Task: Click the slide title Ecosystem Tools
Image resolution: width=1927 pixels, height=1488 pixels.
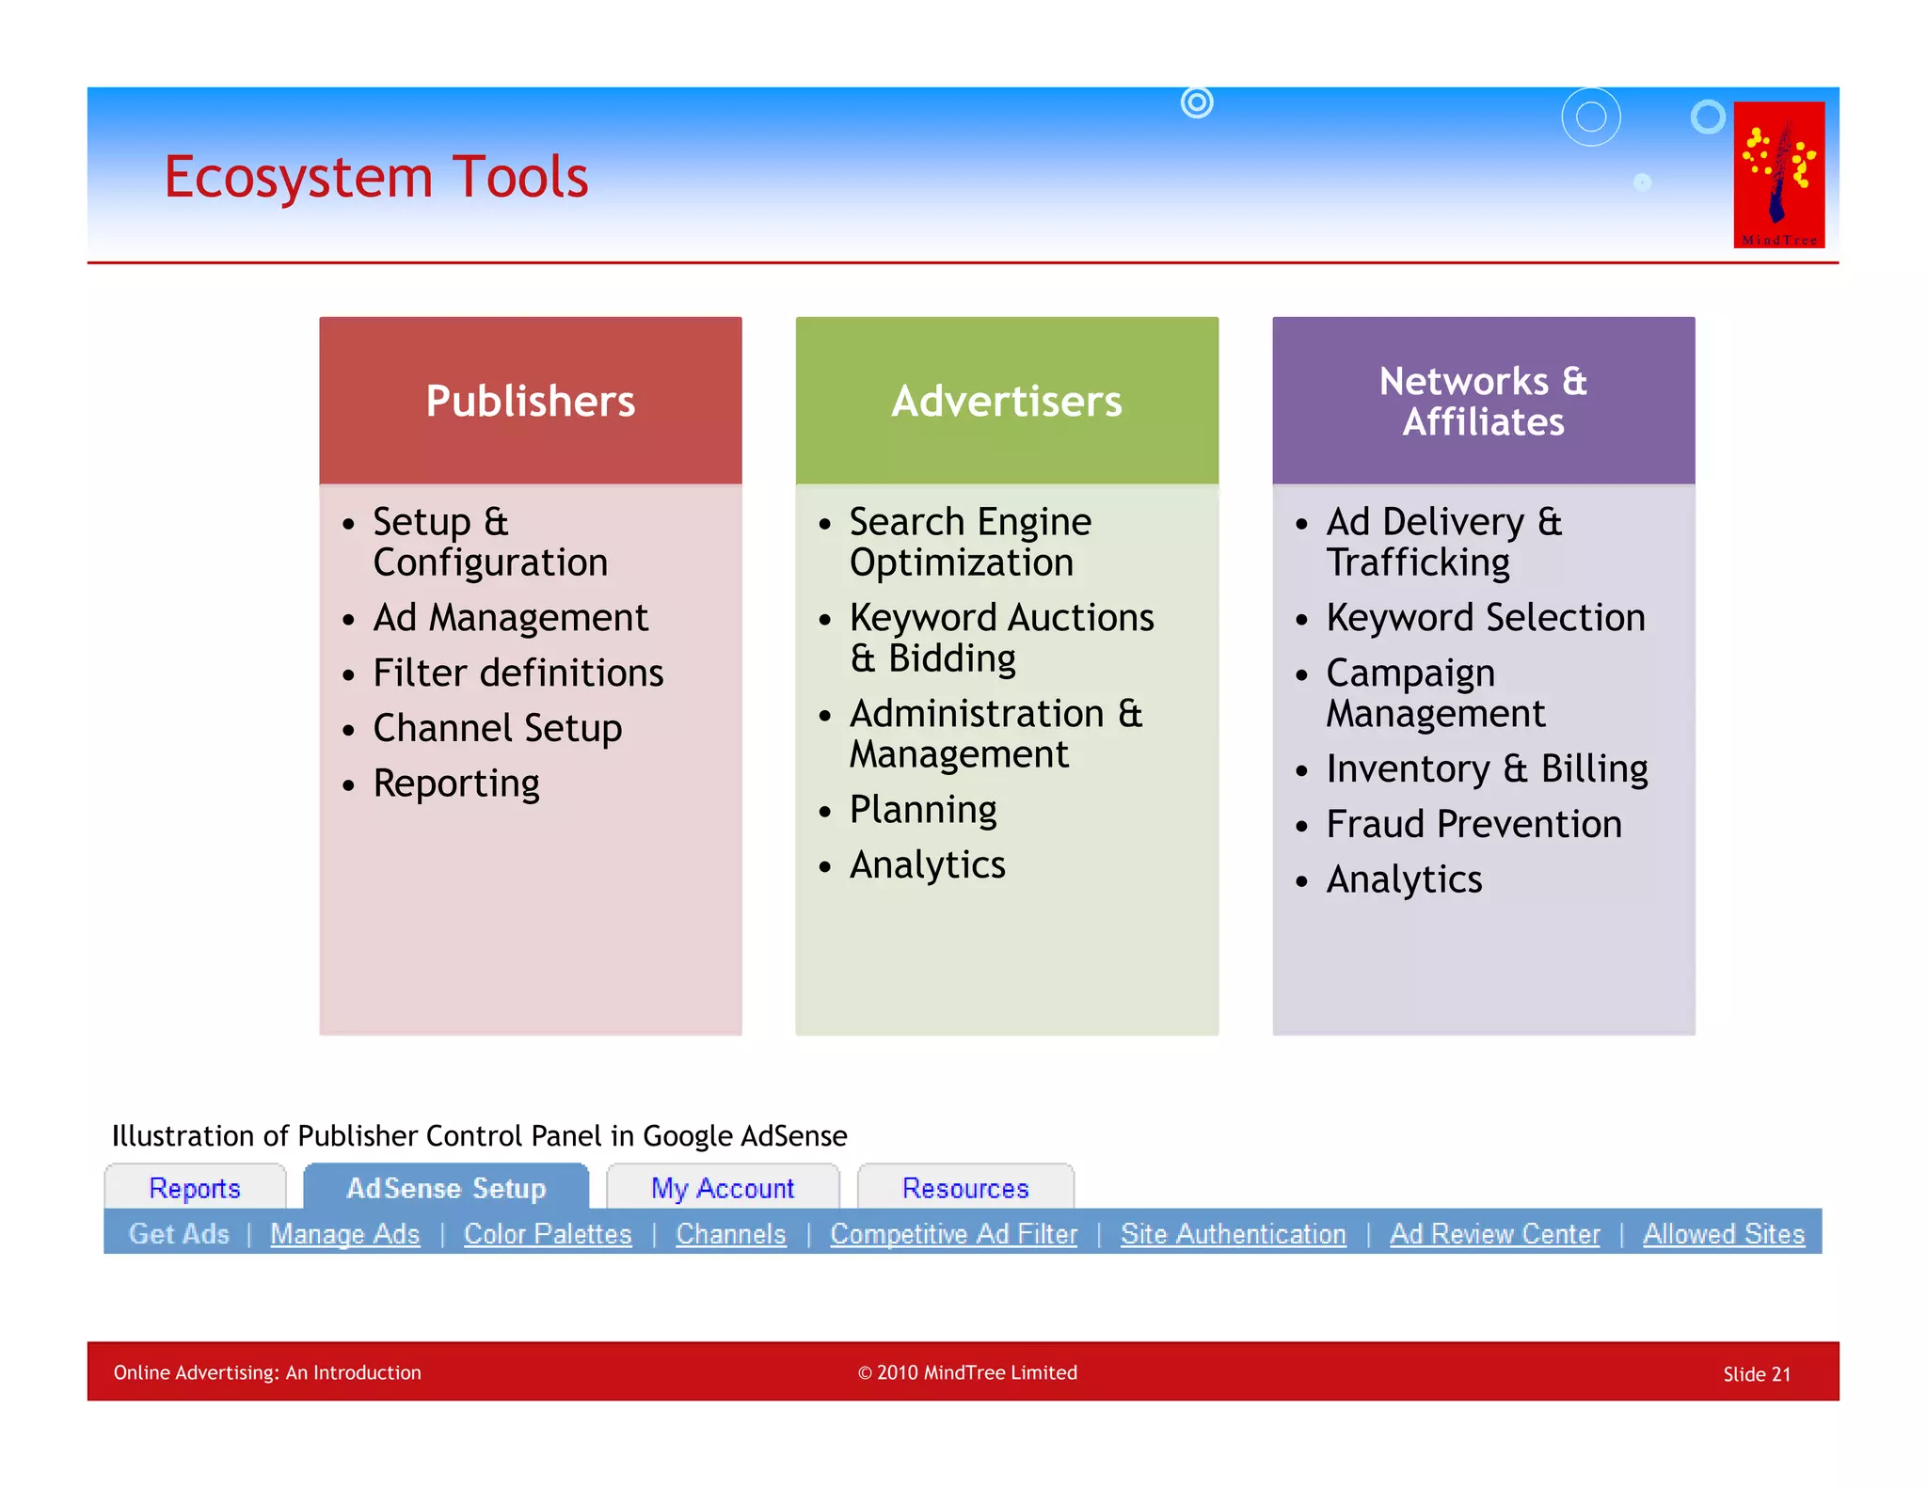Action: (x=375, y=177)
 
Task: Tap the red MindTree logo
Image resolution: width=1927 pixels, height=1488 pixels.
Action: (x=1778, y=175)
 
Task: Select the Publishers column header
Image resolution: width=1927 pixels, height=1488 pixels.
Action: (x=530, y=401)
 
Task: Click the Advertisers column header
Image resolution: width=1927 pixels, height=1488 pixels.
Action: (x=1007, y=401)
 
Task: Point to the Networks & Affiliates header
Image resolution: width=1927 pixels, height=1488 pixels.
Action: (x=1483, y=402)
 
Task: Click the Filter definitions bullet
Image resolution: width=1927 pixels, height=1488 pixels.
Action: (x=518, y=673)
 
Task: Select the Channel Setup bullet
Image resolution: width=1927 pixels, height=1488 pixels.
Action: (x=497, y=729)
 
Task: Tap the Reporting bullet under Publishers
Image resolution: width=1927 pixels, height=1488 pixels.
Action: (x=456, y=784)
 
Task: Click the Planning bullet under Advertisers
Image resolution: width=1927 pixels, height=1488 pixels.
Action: (x=922, y=810)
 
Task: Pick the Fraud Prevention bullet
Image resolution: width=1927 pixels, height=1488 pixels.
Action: (x=1473, y=825)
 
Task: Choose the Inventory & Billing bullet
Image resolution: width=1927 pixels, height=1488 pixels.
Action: (x=1487, y=769)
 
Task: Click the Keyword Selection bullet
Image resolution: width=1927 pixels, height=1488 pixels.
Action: (x=1485, y=618)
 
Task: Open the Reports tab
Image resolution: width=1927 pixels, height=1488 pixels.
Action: (x=195, y=1188)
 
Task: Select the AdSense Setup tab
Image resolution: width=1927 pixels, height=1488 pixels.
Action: (x=446, y=1188)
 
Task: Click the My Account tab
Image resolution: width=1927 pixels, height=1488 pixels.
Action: (x=723, y=1188)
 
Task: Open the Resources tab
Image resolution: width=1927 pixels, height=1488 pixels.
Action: (x=965, y=1188)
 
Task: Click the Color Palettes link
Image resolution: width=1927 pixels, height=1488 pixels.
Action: (x=548, y=1234)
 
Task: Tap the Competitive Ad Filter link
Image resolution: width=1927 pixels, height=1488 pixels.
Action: (x=953, y=1234)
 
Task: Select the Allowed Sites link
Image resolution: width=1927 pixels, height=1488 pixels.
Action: (x=1724, y=1234)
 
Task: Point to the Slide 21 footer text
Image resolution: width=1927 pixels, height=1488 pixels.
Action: (x=1757, y=1374)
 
